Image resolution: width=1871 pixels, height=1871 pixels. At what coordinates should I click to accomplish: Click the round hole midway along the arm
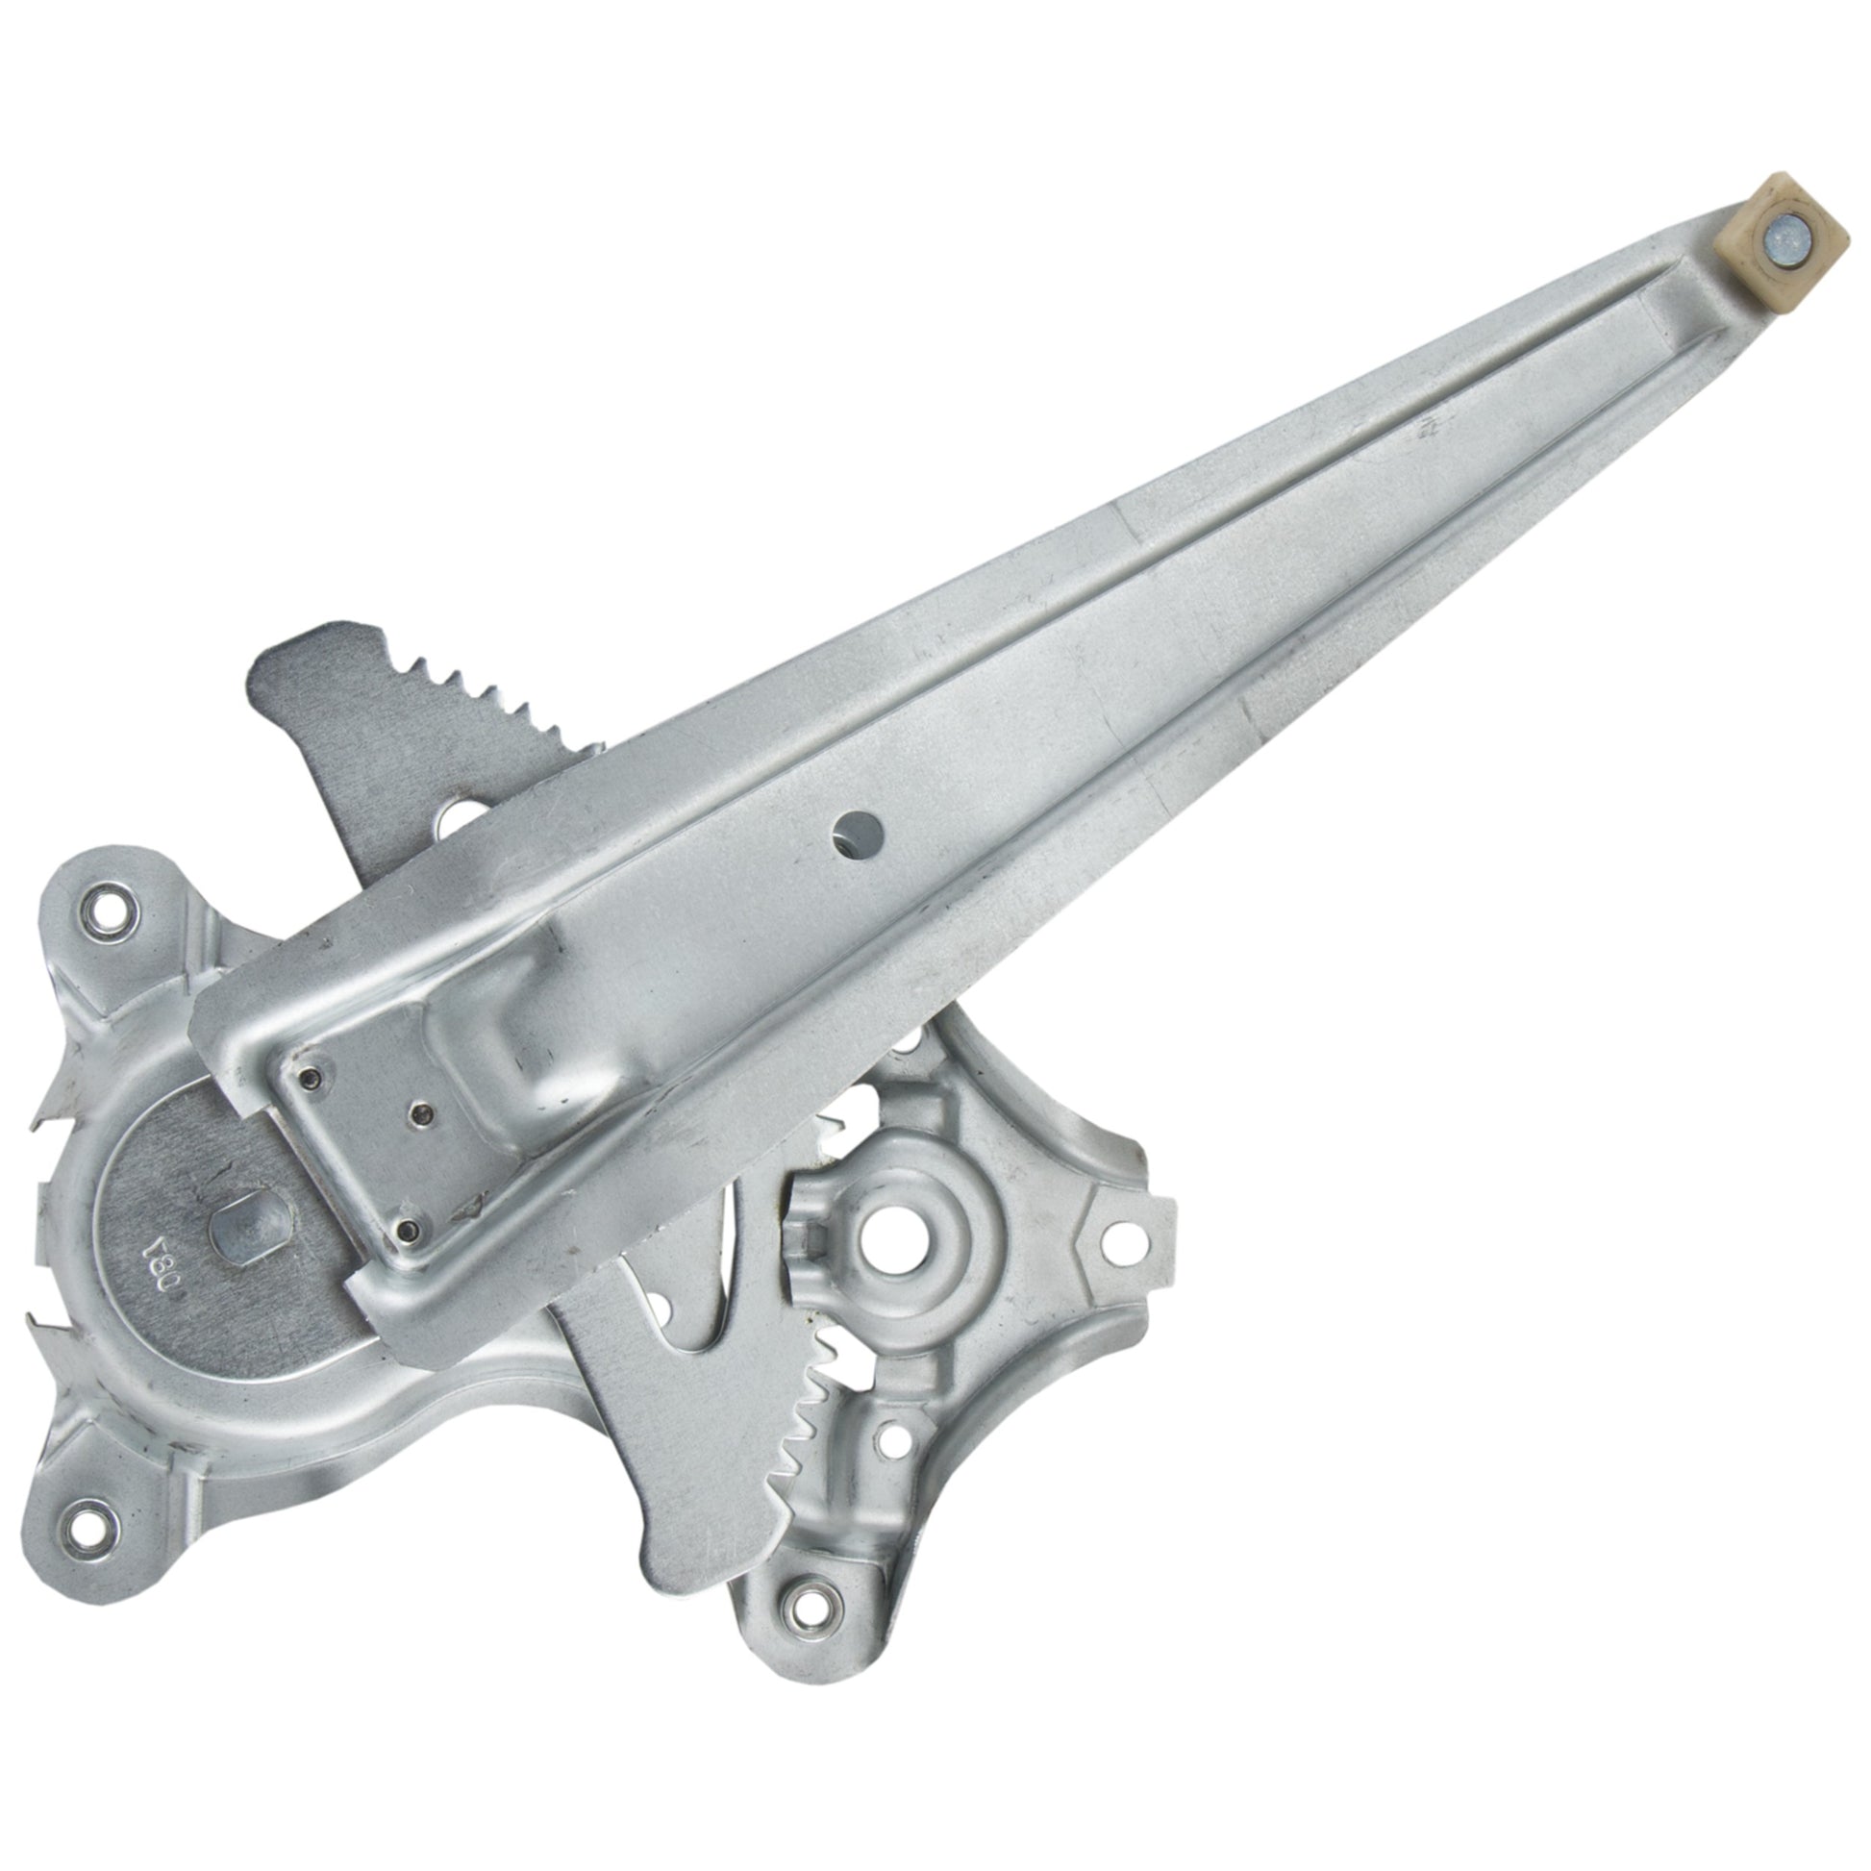coord(861,830)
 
